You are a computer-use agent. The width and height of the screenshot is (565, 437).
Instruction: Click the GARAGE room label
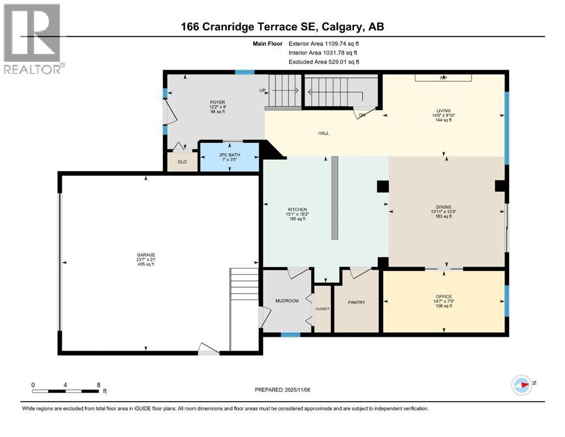146,255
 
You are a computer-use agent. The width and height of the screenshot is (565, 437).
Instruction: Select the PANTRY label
356,302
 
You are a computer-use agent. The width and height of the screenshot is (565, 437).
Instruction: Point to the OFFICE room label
444,296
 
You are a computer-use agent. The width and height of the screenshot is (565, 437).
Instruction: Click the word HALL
323,133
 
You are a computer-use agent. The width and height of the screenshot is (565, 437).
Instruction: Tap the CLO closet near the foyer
182,162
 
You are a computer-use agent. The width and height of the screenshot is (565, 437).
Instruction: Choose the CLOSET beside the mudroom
322,308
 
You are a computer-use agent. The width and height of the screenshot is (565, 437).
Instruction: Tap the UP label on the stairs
262,90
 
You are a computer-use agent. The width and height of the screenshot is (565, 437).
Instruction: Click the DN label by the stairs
362,115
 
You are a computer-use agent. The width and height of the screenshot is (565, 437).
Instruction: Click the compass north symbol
521,385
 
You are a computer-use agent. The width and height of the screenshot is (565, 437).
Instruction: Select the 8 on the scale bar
99,385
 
